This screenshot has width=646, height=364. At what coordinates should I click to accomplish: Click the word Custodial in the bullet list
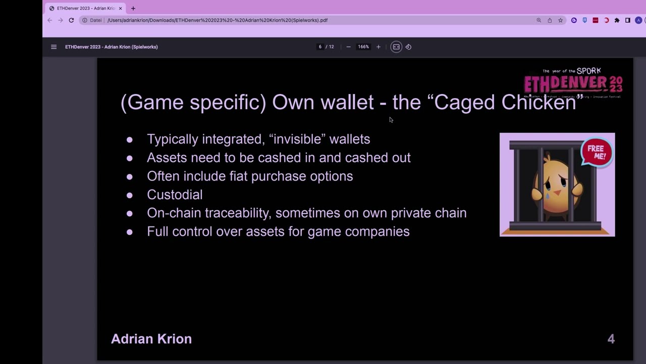(175, 195)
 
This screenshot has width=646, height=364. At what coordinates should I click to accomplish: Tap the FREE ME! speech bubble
(596, 152)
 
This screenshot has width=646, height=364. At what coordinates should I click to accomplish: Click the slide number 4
(611, 339)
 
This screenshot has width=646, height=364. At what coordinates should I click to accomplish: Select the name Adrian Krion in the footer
(151, 339)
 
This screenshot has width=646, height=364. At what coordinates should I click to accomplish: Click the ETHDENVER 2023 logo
(573, 83)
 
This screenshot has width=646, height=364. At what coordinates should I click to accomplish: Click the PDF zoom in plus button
(378, 47)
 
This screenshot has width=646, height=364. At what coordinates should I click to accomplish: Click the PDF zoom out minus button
(348, 47)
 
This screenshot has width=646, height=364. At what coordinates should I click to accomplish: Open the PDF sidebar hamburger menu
(53, 47)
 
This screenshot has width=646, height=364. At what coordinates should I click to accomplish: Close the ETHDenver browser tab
(120, 9)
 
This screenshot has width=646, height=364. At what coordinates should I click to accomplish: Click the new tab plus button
(133, 9)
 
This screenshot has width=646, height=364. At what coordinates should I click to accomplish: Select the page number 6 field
(320, 47)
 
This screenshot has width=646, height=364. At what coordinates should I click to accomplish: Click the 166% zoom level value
(363, 47)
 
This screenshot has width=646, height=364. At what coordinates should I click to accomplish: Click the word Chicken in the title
(538, 102)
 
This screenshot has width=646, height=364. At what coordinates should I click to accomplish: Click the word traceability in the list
(237, 213)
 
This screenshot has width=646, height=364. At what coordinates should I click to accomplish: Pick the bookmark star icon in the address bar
(560, 20)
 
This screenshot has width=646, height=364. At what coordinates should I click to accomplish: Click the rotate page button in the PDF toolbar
(408, 47)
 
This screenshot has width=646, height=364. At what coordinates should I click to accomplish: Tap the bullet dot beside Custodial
(130, 195)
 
